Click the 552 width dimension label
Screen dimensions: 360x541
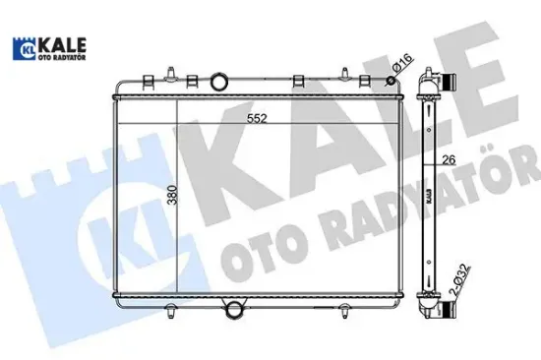(x=257, y=117)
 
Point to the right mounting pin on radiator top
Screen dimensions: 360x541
(x=346, y=73)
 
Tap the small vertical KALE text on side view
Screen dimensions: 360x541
(x=431, y=198)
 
